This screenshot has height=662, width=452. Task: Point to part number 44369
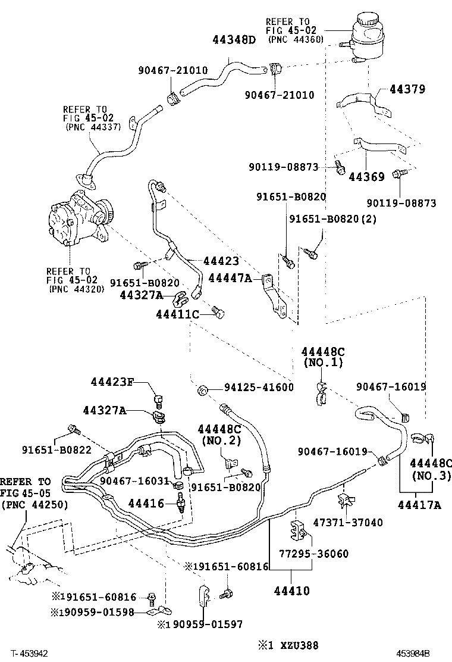[x=366, y=177]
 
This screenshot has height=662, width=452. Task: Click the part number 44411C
[x=177, y=314]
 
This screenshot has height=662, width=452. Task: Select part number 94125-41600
[x=259, y=388]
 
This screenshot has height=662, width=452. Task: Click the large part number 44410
[x=291, y=591]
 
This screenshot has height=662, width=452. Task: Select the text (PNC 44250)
[x=34, y=505]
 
